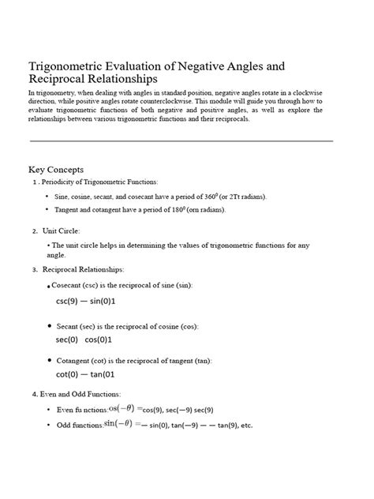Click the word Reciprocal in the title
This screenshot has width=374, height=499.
pos(61,80)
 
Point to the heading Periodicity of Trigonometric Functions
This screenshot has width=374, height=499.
pos(99,182)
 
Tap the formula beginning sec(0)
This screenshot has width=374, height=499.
pos(84,340)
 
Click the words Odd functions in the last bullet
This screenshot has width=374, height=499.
pos(79,426)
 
